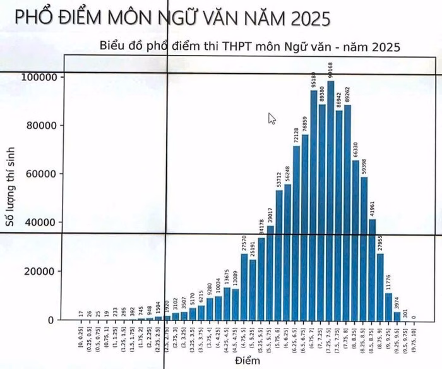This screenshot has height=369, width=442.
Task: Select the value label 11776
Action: tap(390, 281)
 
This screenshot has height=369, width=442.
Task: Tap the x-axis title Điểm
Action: tap(244, 361)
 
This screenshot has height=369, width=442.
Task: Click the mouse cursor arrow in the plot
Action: tap(272, 118)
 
